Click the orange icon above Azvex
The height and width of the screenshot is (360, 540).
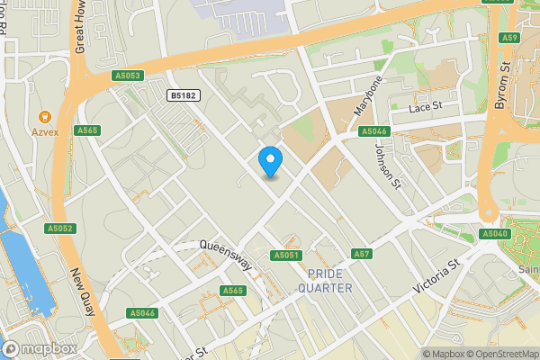pyautogui.click(x=43, y=116)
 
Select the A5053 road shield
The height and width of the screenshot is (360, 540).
pyautogui.click(x=128, y=76)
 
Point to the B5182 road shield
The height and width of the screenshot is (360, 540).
pyautogui.click(x=184, y=94)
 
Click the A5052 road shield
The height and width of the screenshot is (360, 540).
pyautogui.click(x=59, y=229)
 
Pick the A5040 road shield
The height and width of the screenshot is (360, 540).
pyautogui.click(x=495, y=234)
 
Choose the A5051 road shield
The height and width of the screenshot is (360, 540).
pyautogui.click(x=285, y=256)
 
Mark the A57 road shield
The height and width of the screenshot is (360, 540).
pyautogui.click(x=362, y=254)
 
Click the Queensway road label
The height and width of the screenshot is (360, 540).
pyautogui.click(x=225, y=255)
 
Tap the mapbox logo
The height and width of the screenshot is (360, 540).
pyautogui.click(x=39, y=348)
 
